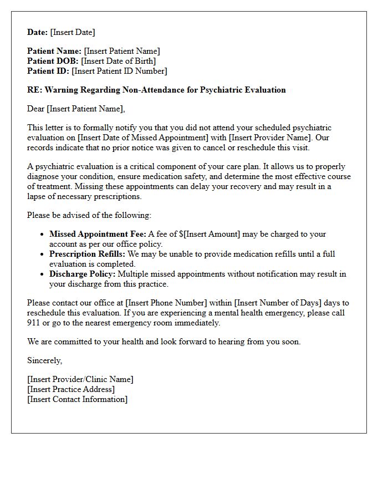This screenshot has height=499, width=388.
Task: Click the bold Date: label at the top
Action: (38, 32)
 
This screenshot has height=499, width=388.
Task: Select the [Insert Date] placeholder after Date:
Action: (73, 32)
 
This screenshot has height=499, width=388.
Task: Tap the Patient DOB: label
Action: (53, 61)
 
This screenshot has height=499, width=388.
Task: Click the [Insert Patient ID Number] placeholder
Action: (119, 71)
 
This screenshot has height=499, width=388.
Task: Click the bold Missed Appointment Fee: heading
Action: (98, 234)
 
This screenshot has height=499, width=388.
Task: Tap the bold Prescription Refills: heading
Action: (88, 254)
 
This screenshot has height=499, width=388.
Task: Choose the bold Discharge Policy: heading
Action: (83, 274)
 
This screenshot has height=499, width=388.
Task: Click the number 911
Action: (34, 323)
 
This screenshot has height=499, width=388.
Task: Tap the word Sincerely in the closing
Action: (45, 360)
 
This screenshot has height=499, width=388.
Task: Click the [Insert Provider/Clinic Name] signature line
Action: (80, 379)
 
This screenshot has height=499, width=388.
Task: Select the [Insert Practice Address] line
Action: (71, 389)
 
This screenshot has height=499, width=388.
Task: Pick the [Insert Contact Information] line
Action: (77, 399)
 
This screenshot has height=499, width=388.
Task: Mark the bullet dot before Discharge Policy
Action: (43, 274)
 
